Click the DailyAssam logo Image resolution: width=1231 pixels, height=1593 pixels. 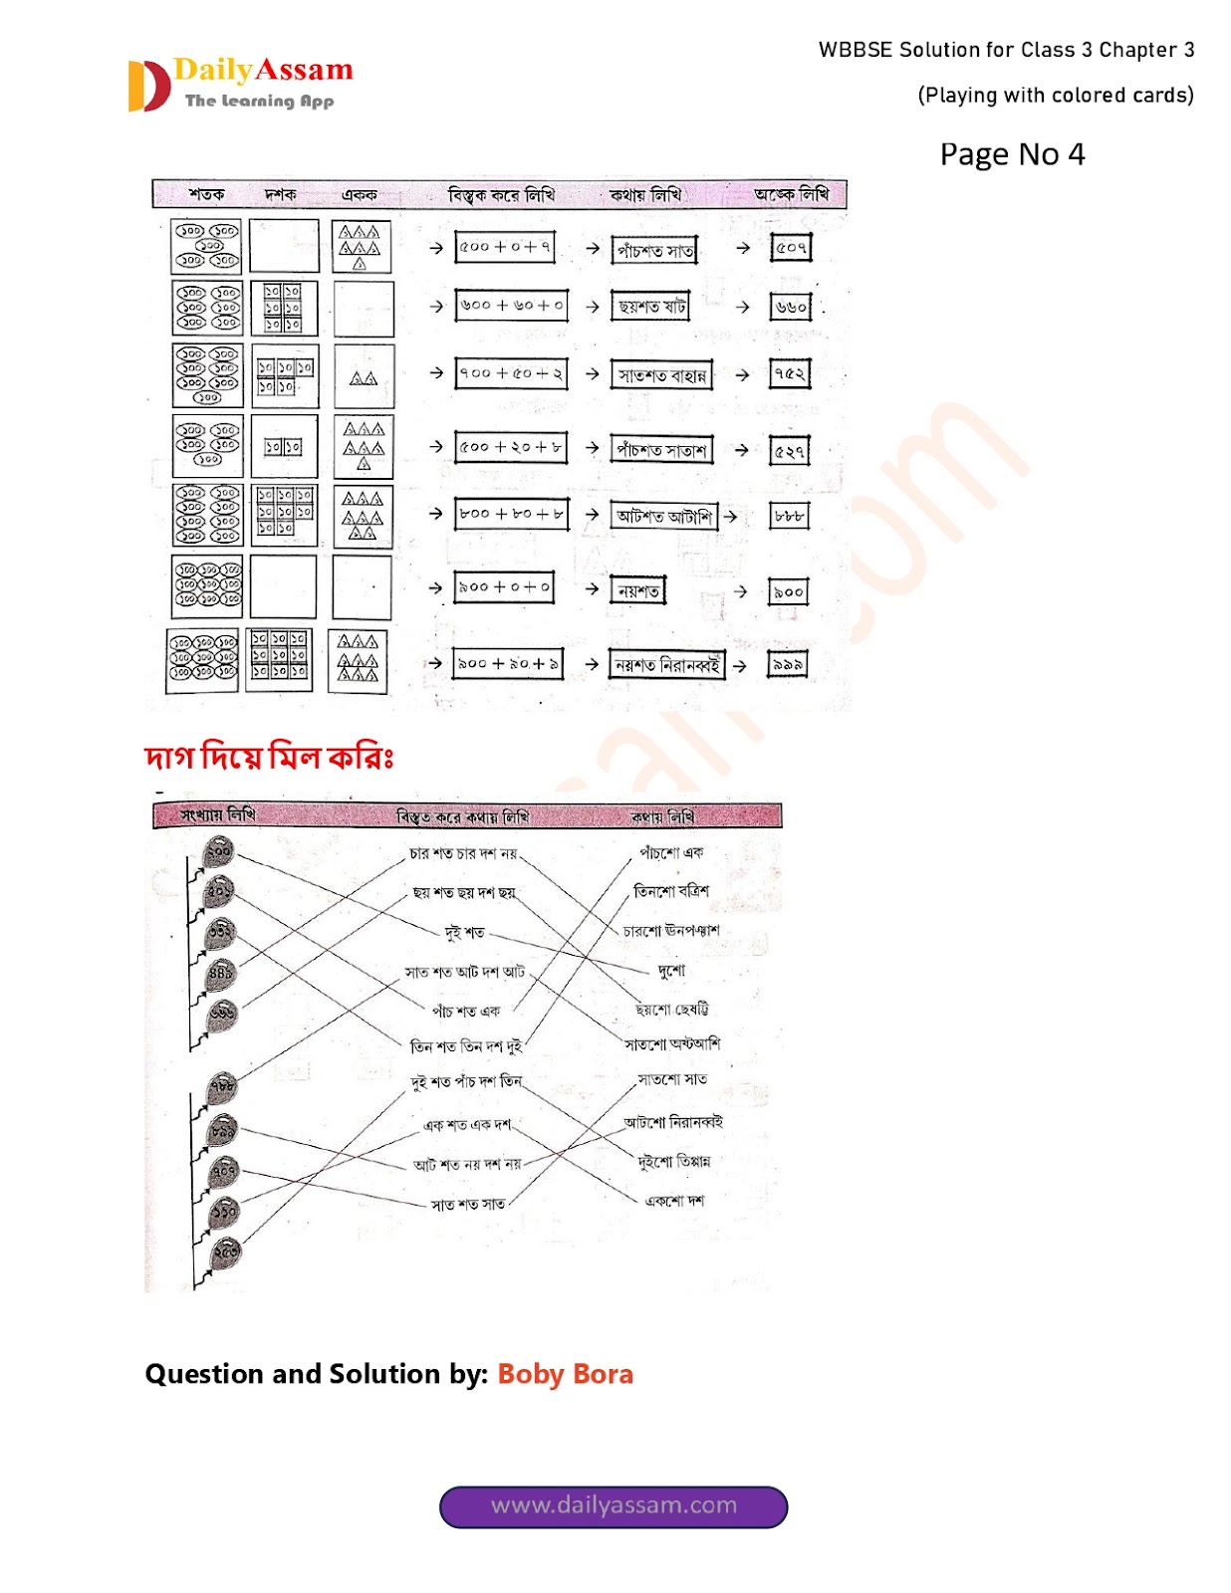pyautogui.click(x=241, y=84)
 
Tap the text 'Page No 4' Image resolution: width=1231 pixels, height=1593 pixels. pyautogui.click(x=1011, y=154)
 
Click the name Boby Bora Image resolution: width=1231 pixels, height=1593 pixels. pyautogui.click(x=565, y=1374)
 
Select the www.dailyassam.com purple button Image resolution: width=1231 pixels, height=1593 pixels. pyautogui.click(x=614, y=1505)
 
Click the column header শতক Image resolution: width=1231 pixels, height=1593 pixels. pyautogui.click(x=206, y=194)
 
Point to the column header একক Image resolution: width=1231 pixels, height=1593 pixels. pyautogui.click(x=359, y=194)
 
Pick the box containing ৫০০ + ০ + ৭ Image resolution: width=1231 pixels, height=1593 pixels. pyautogui.click(x=505, y=247)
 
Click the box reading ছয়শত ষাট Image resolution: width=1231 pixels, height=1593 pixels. pyautogui.click(x=651, y=307)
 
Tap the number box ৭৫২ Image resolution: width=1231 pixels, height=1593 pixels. pyautogui.click(x=790, y=373)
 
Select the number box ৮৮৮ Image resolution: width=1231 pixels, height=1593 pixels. pyautogui.click(x=790, y=516)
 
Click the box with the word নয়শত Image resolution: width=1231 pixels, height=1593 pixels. pyautogui.click(x=638, y=590)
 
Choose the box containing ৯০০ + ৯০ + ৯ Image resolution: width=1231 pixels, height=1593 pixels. pyautogui.click(x=508, y=663)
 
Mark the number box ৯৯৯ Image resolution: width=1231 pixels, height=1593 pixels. pyautogui.click(x=787, y=664)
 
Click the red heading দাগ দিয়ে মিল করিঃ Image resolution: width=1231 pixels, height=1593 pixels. pyautogui.click(x=269, y=758)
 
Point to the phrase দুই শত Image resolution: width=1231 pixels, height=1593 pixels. pyautogui.click(x=464, y=932)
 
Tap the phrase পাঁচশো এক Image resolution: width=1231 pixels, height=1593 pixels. pyautogui.click(x=671, y=853)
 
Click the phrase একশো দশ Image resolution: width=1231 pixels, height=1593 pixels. pyautogui.click(x=674, y=1201)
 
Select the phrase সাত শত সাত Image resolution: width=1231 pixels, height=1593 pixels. pyautogui.click(x=468, y=1205)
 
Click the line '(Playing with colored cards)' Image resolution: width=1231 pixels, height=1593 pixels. pyautogui.click(x=1055, y=96)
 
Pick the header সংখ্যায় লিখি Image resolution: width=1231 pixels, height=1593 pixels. pyautogui.click(x=218, y=814)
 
